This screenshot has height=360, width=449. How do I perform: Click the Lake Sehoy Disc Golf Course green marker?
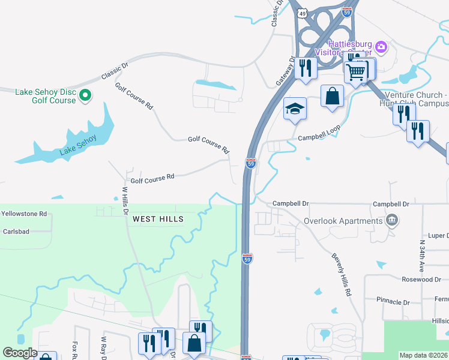[x=85, y=95]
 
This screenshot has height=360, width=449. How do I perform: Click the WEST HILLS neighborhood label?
[x=158, y=220]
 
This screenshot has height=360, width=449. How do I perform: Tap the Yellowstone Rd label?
[x=24, y=214]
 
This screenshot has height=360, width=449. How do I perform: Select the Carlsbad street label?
[x=16, y=231]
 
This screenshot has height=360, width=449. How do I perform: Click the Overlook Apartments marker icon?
[x=393, y=220]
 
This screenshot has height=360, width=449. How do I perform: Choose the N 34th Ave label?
[x=422, y=255]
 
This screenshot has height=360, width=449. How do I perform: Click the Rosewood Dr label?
[x=421, y=280]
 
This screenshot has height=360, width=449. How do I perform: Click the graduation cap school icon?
[x=295, y=109]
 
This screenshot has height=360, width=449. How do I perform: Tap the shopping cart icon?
[x=357, y=71]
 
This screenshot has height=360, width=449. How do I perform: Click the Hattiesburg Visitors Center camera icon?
[x=381, y=46]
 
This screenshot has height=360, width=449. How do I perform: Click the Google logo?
[x=19, y=353]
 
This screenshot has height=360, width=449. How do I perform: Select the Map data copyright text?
[x=423, y=355]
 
